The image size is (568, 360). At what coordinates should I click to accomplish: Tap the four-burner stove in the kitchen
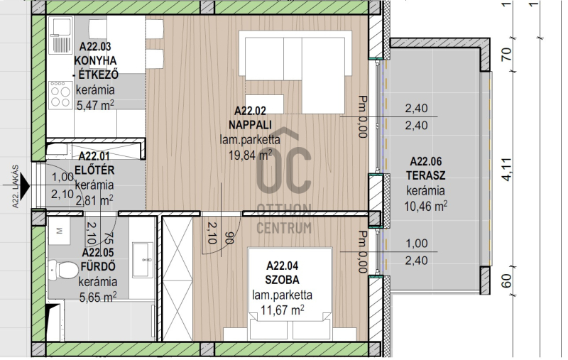[60, 94]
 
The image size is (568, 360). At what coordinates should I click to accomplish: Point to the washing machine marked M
[60, 231]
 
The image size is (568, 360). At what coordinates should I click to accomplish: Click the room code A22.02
[250, 111]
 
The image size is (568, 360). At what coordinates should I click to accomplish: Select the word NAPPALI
[250, 125]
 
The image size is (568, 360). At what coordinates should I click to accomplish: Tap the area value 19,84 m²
[251, 155]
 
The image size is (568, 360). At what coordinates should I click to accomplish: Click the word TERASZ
[425, 175]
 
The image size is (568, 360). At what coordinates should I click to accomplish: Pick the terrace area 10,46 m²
[425, 206]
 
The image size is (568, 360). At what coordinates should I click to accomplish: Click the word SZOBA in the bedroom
[282, 280]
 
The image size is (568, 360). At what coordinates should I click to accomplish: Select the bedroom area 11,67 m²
[282, 310]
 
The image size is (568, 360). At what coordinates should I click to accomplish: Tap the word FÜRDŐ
[98, 266]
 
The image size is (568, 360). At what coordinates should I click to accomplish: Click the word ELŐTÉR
[94, 170]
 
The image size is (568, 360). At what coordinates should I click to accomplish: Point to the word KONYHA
[96, 60]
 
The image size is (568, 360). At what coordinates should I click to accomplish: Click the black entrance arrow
[25, 187]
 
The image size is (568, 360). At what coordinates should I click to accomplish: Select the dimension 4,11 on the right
[507, 169]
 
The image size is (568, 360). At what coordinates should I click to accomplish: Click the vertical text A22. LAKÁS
[15, 187]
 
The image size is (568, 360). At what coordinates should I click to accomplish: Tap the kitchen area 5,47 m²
[95, 105]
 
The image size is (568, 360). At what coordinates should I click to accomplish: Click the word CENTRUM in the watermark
[284, 228]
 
